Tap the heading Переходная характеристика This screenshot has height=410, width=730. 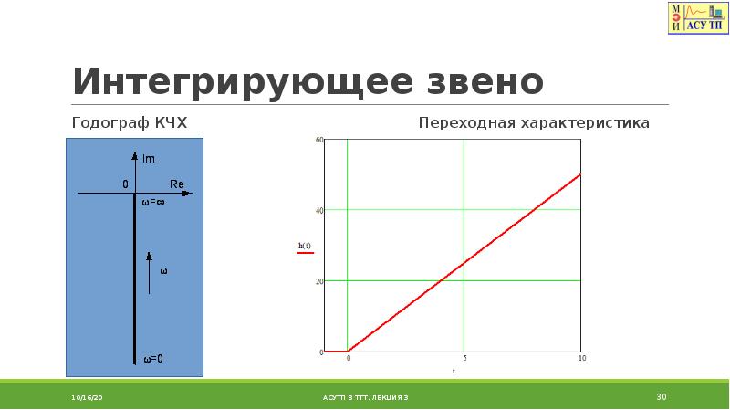(x=534, y=122)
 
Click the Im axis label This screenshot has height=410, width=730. (x=149, y=160)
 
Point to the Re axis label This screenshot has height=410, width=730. (x=177, y=184)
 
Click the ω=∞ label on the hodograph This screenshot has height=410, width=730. (x=152, y=203)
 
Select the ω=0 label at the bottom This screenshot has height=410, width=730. (x=152, y=358)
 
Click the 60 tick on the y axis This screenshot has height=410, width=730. (x=319, y=140)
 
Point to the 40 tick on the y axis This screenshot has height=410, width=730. (x=319, y=210)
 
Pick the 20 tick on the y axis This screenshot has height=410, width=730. (x=319, y=281)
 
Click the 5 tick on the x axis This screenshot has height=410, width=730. (x=464, y=359)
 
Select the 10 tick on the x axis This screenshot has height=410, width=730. (x=581, y=359)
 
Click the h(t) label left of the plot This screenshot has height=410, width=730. (x=304, y=246)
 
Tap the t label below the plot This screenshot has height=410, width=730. (x=454, y=372)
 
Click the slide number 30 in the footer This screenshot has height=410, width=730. (x=662, y=396)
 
